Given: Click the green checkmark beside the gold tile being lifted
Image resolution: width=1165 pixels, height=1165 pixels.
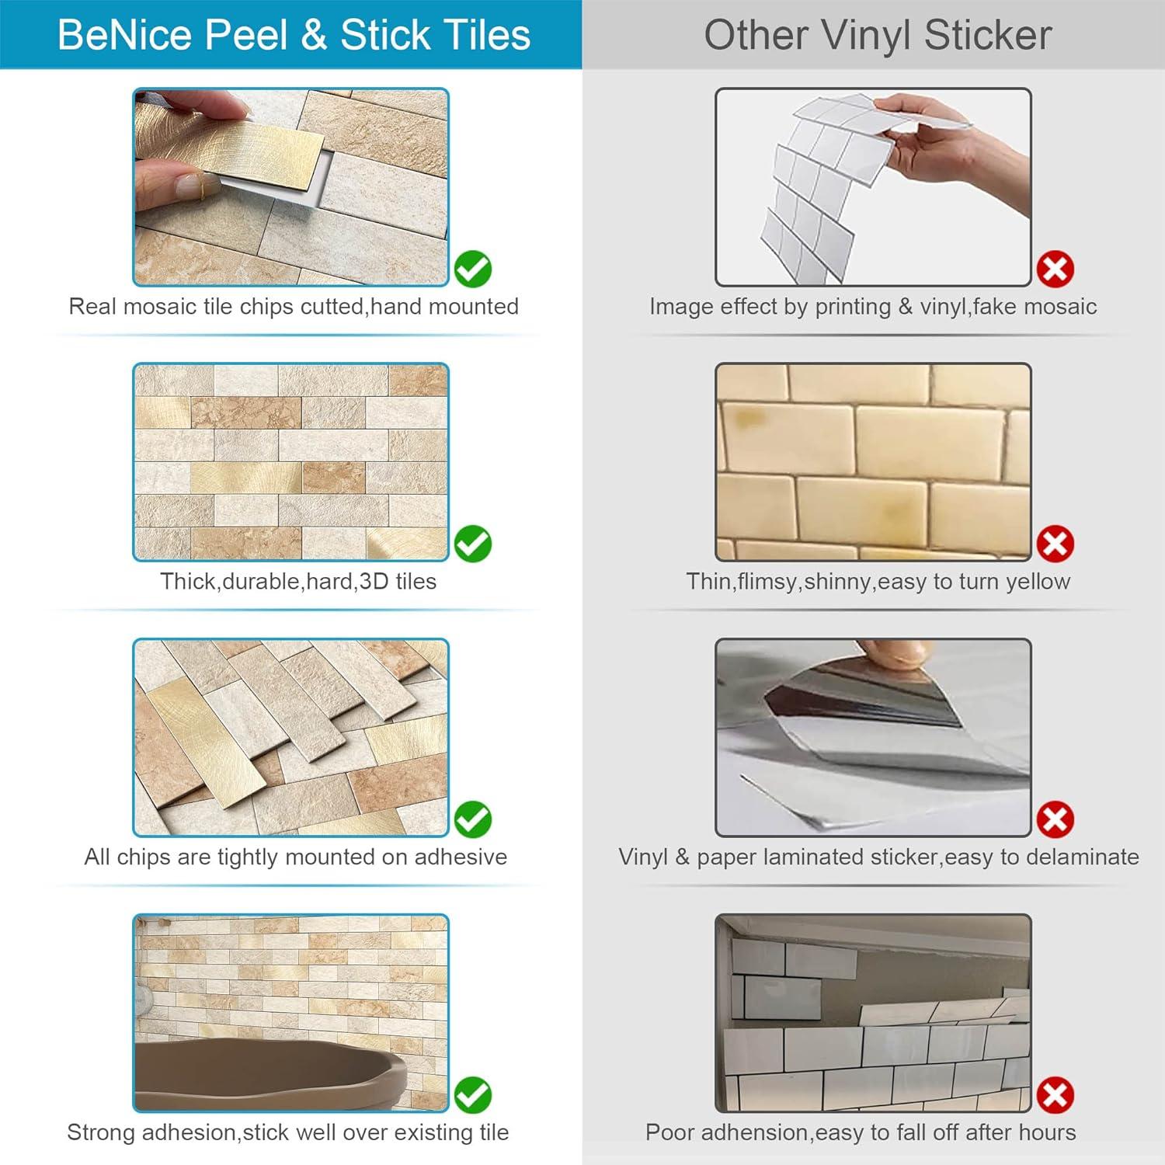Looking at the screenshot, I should (x=472, y=270).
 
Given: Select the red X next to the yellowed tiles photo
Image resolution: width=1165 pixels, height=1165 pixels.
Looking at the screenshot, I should (x=1055, y=544).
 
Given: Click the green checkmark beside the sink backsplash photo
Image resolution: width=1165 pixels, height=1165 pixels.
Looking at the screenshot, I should (x=472, y=1095).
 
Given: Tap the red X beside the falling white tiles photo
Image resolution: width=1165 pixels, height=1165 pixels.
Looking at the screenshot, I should (x=1055, y=1095).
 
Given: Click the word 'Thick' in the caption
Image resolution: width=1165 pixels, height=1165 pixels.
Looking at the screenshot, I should (x=189, y=582).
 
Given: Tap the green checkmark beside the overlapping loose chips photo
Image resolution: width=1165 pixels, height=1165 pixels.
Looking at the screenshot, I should (x=472, y=819).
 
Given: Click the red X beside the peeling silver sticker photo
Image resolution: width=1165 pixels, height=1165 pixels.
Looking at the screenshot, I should (x=1055, y=819).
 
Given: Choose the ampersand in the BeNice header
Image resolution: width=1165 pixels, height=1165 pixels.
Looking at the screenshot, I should (x=314, y=36).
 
